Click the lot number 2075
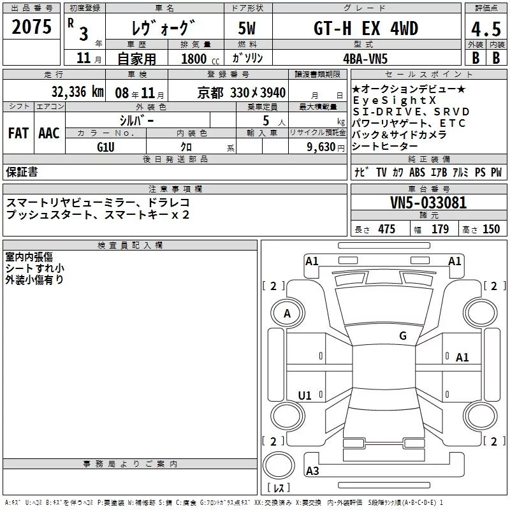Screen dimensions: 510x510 click(x=31, y=27)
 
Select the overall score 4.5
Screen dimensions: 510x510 click(x=485, y=29)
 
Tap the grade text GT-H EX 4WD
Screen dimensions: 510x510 click(x=365, y=29)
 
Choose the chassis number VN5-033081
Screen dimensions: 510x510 click(x=428, y=203)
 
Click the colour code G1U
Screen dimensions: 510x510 click(x=105, y=146)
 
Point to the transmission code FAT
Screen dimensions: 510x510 click(x=18, y=133)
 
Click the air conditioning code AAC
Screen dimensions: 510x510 click(x=48, y=133)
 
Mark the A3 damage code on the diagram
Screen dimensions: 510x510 click(x=313, y=471)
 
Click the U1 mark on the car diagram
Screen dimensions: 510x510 click(x=305, y=396)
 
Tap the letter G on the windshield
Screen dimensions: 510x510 click(x=402, y=335)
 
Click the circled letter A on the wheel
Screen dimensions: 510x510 click(x=287, y=314)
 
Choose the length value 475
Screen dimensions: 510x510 click(x=386, y=229)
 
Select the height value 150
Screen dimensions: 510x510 click(x=491, y=229)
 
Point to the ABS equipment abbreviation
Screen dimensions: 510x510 click(x=417, y=173)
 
